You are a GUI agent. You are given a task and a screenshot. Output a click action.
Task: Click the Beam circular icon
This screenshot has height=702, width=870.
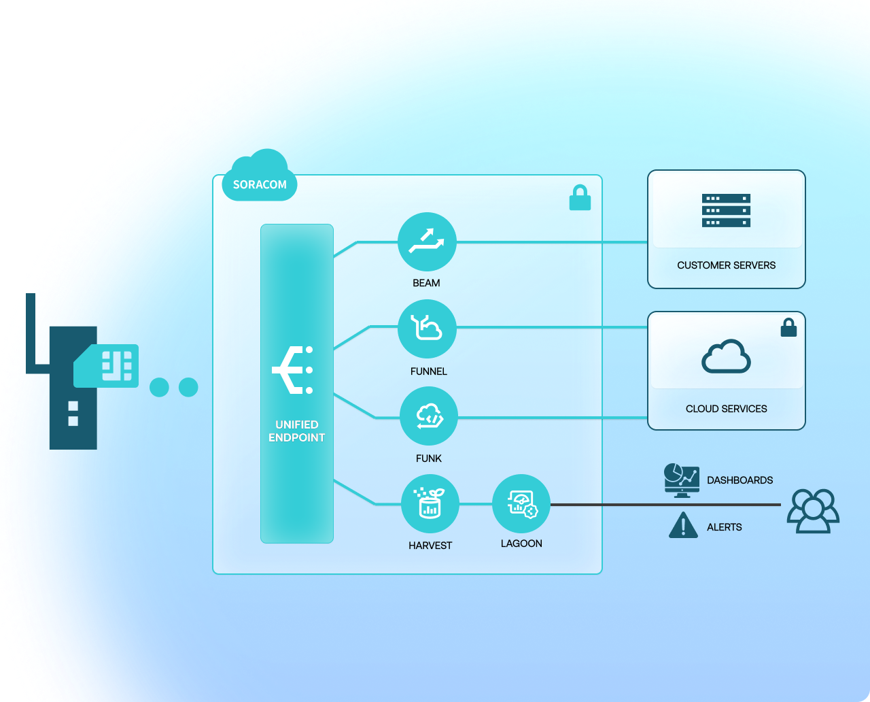(427, 242)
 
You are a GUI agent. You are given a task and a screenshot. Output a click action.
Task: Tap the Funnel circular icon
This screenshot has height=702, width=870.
(427, 329)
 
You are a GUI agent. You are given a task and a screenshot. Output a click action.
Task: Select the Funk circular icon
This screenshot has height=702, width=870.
(429, 416)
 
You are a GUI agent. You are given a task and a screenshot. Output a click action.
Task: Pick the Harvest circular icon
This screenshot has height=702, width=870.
(430, 504)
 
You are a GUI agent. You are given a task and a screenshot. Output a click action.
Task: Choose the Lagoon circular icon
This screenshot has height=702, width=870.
(521, 504)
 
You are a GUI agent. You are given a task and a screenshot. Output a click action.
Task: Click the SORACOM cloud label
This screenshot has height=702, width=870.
(260, 184)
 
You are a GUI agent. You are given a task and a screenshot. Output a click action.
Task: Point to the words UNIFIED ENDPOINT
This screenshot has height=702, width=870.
(297, 431)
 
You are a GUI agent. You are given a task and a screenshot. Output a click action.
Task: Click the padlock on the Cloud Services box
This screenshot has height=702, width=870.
(788, 328)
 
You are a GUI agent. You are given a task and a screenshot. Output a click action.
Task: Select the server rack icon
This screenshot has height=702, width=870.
(726, 210)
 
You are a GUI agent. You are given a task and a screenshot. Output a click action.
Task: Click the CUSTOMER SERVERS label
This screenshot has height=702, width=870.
(726, 265)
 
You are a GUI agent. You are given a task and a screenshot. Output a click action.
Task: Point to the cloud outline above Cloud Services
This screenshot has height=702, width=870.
(726, 356)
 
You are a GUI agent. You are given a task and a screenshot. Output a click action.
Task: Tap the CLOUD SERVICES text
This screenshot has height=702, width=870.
(726, 409)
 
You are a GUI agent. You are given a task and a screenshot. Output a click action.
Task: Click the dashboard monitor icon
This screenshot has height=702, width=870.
(682, 480)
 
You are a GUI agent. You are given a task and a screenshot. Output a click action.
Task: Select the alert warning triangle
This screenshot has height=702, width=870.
(683, 526)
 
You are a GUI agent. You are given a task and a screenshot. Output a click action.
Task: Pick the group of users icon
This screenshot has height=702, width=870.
(813, 511)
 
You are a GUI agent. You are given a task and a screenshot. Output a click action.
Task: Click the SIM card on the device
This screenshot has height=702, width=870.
(107, 365)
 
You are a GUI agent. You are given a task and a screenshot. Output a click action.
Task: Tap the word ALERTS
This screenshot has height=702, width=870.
(724, 527)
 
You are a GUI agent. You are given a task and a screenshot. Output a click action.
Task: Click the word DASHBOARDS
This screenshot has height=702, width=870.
(739, 480)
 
